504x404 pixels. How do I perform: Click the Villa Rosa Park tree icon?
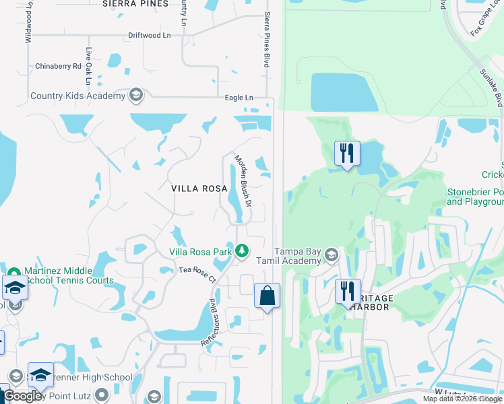coord(242,252)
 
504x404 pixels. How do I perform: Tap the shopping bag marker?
coord(267,296)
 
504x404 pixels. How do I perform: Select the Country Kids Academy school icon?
coord(136,96)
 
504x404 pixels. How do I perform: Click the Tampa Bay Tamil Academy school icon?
coord(331,255)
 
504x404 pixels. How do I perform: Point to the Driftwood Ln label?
coord(150,35)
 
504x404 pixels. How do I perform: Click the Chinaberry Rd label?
coord(59,66)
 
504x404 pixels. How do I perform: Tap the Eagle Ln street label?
coord(239,98)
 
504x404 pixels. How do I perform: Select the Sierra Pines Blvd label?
coord(267,39)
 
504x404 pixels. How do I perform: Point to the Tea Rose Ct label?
coord(197,274)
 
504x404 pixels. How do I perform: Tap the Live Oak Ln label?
coord(88,65)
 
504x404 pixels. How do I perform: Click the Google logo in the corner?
coord(22,396)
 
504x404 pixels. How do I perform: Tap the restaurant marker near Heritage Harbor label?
coord(348,292)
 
